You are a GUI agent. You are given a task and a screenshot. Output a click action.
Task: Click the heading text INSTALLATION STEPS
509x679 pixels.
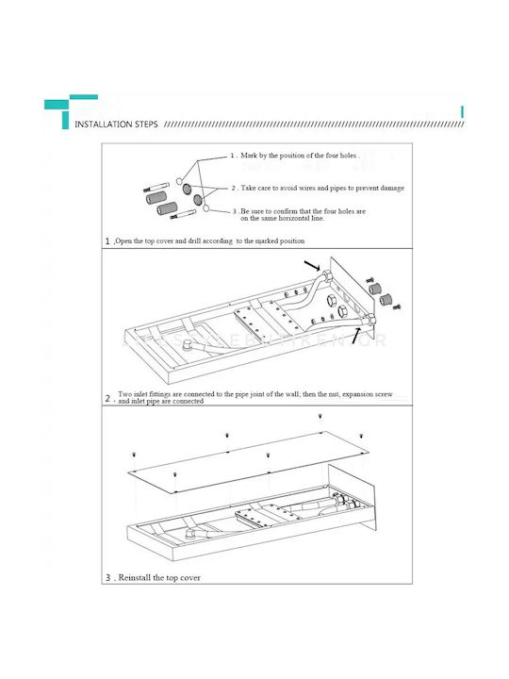(x=116, y=124)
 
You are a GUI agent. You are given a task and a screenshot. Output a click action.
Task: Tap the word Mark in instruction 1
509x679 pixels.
(x=249, y=156)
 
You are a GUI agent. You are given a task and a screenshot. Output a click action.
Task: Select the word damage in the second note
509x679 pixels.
(x=392, y=189)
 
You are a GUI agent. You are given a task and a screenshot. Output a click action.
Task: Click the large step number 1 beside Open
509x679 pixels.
(x=107, y=241)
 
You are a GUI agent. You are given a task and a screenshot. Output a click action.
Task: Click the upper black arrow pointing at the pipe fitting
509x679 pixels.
(x=312, y=265)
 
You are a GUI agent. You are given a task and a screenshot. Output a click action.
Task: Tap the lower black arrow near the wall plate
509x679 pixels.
(x=355, y=336)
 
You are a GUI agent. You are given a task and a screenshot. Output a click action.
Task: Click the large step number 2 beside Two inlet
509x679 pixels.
(x=107, y=398)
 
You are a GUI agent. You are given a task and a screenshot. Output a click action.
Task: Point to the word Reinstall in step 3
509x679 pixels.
(x=135, y=578)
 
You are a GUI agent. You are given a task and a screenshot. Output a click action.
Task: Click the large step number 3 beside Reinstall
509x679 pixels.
(x=107, y=578)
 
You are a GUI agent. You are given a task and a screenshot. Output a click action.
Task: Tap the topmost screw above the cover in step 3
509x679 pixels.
(x=320, y=416)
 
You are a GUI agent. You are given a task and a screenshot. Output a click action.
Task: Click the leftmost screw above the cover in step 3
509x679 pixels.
(x=134, y=455)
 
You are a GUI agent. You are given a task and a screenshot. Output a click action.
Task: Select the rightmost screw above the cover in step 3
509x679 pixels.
(x=361, y=436)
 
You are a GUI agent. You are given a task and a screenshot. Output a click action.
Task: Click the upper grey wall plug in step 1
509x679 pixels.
(x=156, y=198)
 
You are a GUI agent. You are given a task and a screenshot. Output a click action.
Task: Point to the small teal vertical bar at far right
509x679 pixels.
(x=462, y=111)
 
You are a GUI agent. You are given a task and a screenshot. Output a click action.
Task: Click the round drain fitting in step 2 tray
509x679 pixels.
(x=189, y=345)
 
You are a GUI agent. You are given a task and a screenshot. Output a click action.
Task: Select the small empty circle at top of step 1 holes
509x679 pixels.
(x=179, y=180)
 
